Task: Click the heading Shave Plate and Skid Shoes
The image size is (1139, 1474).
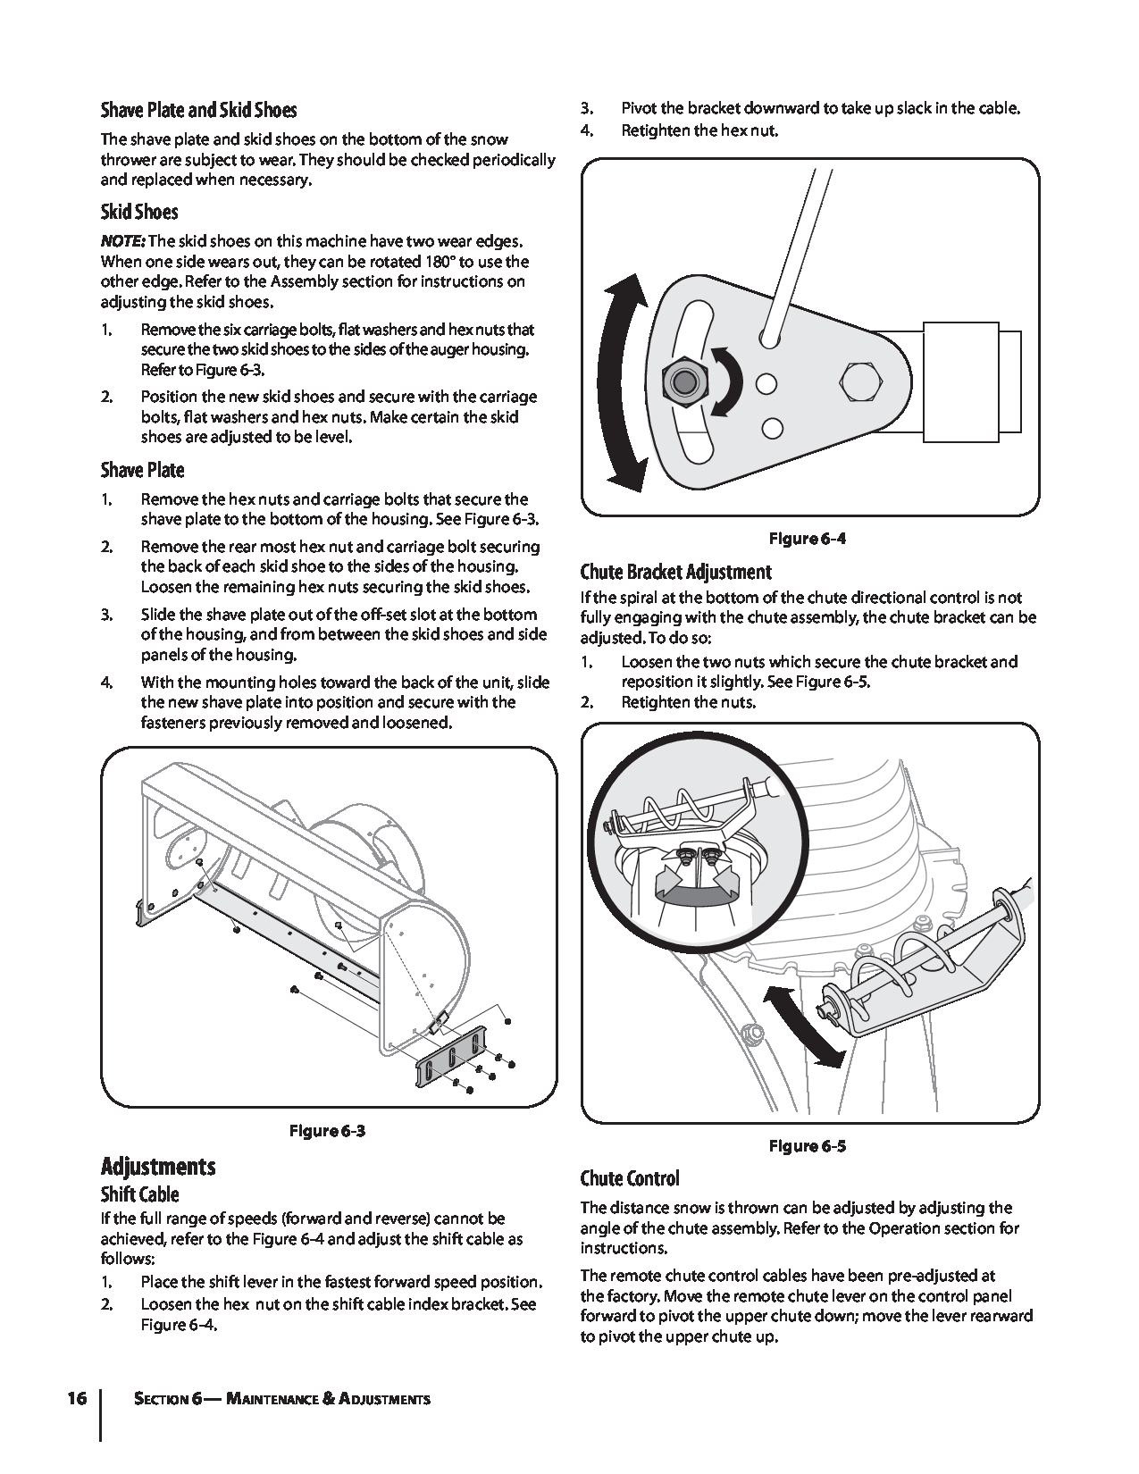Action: (198, 110)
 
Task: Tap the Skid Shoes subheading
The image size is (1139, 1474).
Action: (139, 212)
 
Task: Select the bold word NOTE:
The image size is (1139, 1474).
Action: (122, 242)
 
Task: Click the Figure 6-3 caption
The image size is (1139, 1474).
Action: (328, 1132)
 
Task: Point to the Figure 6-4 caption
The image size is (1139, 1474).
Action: (808, 539)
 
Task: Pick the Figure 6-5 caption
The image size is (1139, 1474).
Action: (808, 1146)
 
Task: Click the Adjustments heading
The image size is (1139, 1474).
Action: (158, 1167)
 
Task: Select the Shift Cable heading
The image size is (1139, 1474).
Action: (139, 1194)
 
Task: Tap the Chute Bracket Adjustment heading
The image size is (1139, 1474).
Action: (675, 572)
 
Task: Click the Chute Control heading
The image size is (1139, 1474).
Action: (630, 1178)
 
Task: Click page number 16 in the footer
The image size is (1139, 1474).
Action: (76, 1398)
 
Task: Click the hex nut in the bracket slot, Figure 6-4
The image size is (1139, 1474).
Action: (683, 382)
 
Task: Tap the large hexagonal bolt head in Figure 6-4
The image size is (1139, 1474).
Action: (859, 382)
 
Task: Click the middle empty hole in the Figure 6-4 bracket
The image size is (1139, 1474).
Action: (766, 383)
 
